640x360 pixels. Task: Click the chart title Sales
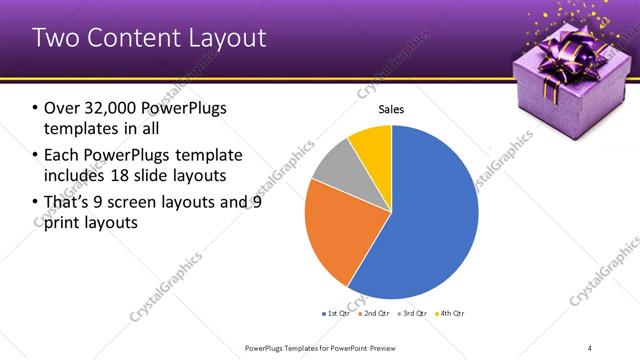pyautogui.click(x=391, y=111)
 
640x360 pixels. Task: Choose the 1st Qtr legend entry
pyautogui.click(x=336, y=313)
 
